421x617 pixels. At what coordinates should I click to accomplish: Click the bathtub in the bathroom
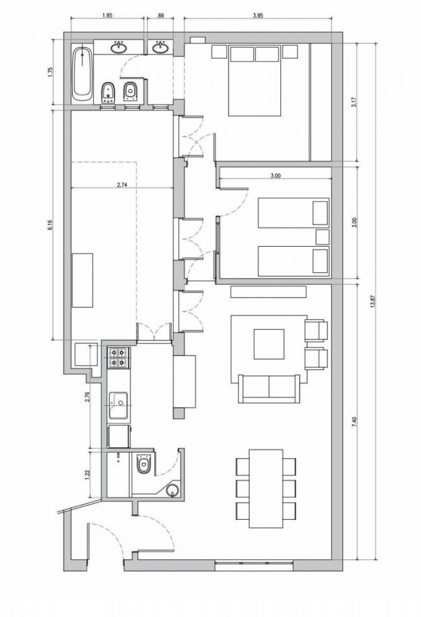point(82,73)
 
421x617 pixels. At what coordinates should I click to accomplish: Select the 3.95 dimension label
point(258,16)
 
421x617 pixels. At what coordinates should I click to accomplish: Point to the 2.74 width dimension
point(122,184)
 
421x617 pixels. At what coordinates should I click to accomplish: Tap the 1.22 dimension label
point(87,474)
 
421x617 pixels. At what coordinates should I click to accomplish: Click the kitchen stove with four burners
point(118,357)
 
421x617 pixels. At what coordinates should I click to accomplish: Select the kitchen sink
point(119,405)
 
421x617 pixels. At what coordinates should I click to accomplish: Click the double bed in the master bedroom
point(255,81)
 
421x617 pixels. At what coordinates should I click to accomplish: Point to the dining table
point(266,488)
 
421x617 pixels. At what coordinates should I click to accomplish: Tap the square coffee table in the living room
point(268,344)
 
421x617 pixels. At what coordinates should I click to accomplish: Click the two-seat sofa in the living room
point(268,389)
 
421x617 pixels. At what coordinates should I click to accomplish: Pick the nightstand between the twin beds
point(323,237)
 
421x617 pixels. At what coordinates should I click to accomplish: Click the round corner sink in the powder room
point(173,490)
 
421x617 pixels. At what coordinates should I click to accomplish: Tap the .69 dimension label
point(160,16)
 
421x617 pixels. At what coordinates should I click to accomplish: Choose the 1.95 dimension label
point(107,16)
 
